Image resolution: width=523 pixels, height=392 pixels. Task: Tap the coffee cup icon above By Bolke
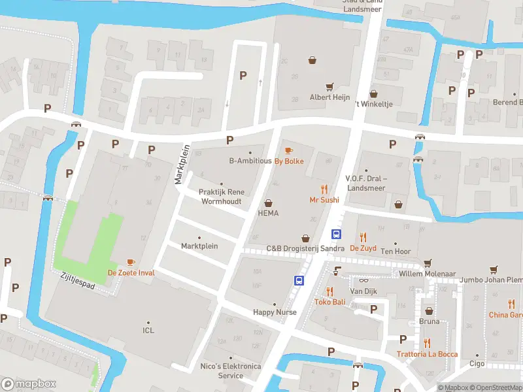pyautogui.click(x=288, y=151)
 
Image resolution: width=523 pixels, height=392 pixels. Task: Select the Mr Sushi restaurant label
pyautogui.click(x=323, y=200)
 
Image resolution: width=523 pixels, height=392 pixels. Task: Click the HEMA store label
pyautogui.click(x=268, y=213)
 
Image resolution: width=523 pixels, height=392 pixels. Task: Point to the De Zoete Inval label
pyautogui.click(x=131, y=272)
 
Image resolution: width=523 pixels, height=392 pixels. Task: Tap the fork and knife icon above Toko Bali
pyautogui.click(x=329, y=291)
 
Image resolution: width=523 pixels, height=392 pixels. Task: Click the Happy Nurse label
pyautogui.click(x=275, y=312)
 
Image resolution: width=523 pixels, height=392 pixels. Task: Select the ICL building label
pyautogui.click(x=148, y=331)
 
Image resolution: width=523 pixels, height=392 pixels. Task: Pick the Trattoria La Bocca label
pyautogui.click(x=427, y=354)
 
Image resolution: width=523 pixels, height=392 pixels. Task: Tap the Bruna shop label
pyautogui.click(x=429, y=321)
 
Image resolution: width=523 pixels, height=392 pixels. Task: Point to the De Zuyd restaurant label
pyautogui.click(x=363, y=248)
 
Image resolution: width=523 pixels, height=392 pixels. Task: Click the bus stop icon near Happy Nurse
pyautogui.click(x=299, y=281)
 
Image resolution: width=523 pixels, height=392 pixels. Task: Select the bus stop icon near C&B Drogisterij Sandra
pyautogui.click(x=337, y=235)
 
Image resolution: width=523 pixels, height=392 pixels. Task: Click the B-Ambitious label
pyautogui.click(x=250, y=161)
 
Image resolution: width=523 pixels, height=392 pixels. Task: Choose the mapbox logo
pyautogui.click(x=29, y=384)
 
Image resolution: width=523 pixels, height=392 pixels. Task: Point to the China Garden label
pyautogui.click(x=507, y=314)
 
